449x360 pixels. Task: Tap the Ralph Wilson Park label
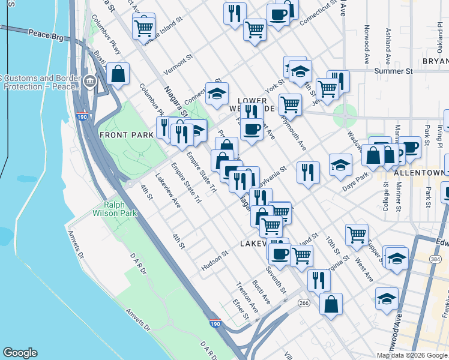pos(115,208)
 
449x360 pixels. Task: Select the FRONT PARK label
pos(127,135)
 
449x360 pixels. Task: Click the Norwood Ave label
pos(366,47)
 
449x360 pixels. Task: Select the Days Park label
pos(355,184)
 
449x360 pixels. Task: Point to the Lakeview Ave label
pos(168,191)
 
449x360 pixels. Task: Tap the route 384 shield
pos(435,259)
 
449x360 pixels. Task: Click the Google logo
pos(20,353)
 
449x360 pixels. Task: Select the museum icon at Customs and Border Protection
pos(90,80)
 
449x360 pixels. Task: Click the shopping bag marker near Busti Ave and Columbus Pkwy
pos(119,74)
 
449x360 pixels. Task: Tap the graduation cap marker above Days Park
pos(340,164)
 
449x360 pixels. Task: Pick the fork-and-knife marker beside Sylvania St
pos(308,172)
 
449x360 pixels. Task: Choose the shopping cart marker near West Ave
pos(357,234)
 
